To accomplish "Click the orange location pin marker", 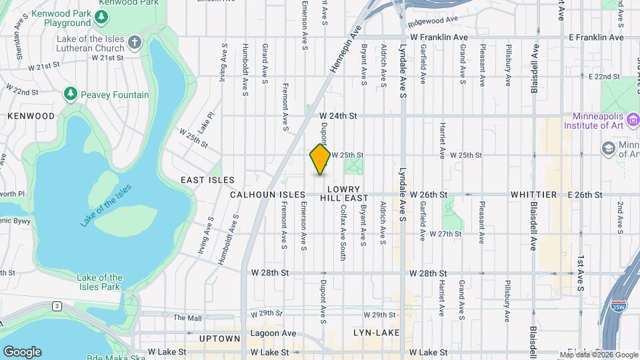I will point(321,159).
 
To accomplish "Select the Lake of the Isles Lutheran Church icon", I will point(135,43).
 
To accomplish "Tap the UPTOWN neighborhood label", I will point(219,339).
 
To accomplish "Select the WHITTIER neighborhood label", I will point(533,195).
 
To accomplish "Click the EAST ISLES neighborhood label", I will point(208,180).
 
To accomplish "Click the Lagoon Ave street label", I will point(274,333).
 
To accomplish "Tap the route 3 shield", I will point(58,306).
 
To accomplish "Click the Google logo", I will point(21,351).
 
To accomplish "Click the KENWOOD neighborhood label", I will point(31,115).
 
